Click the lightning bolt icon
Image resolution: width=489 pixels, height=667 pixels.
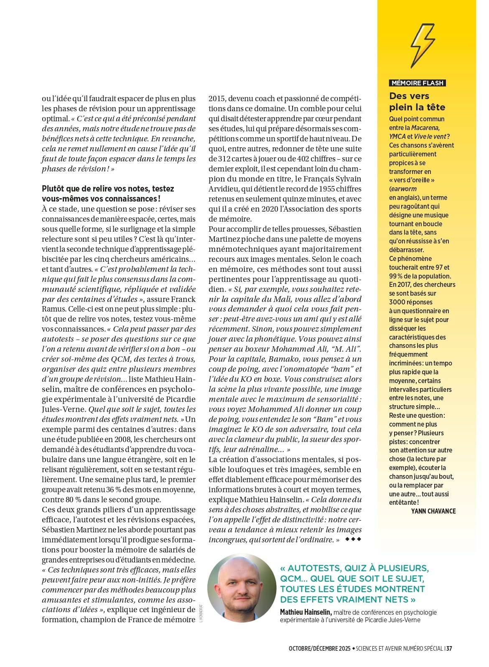pos(423,46)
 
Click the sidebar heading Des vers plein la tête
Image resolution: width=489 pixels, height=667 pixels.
pos(417,102)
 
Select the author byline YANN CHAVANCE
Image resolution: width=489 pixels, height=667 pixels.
pos(433,511)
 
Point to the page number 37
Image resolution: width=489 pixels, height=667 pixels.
pos(449,649)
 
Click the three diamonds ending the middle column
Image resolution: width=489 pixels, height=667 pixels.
pos(353,539)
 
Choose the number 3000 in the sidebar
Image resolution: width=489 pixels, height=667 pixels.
pos(398,302)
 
